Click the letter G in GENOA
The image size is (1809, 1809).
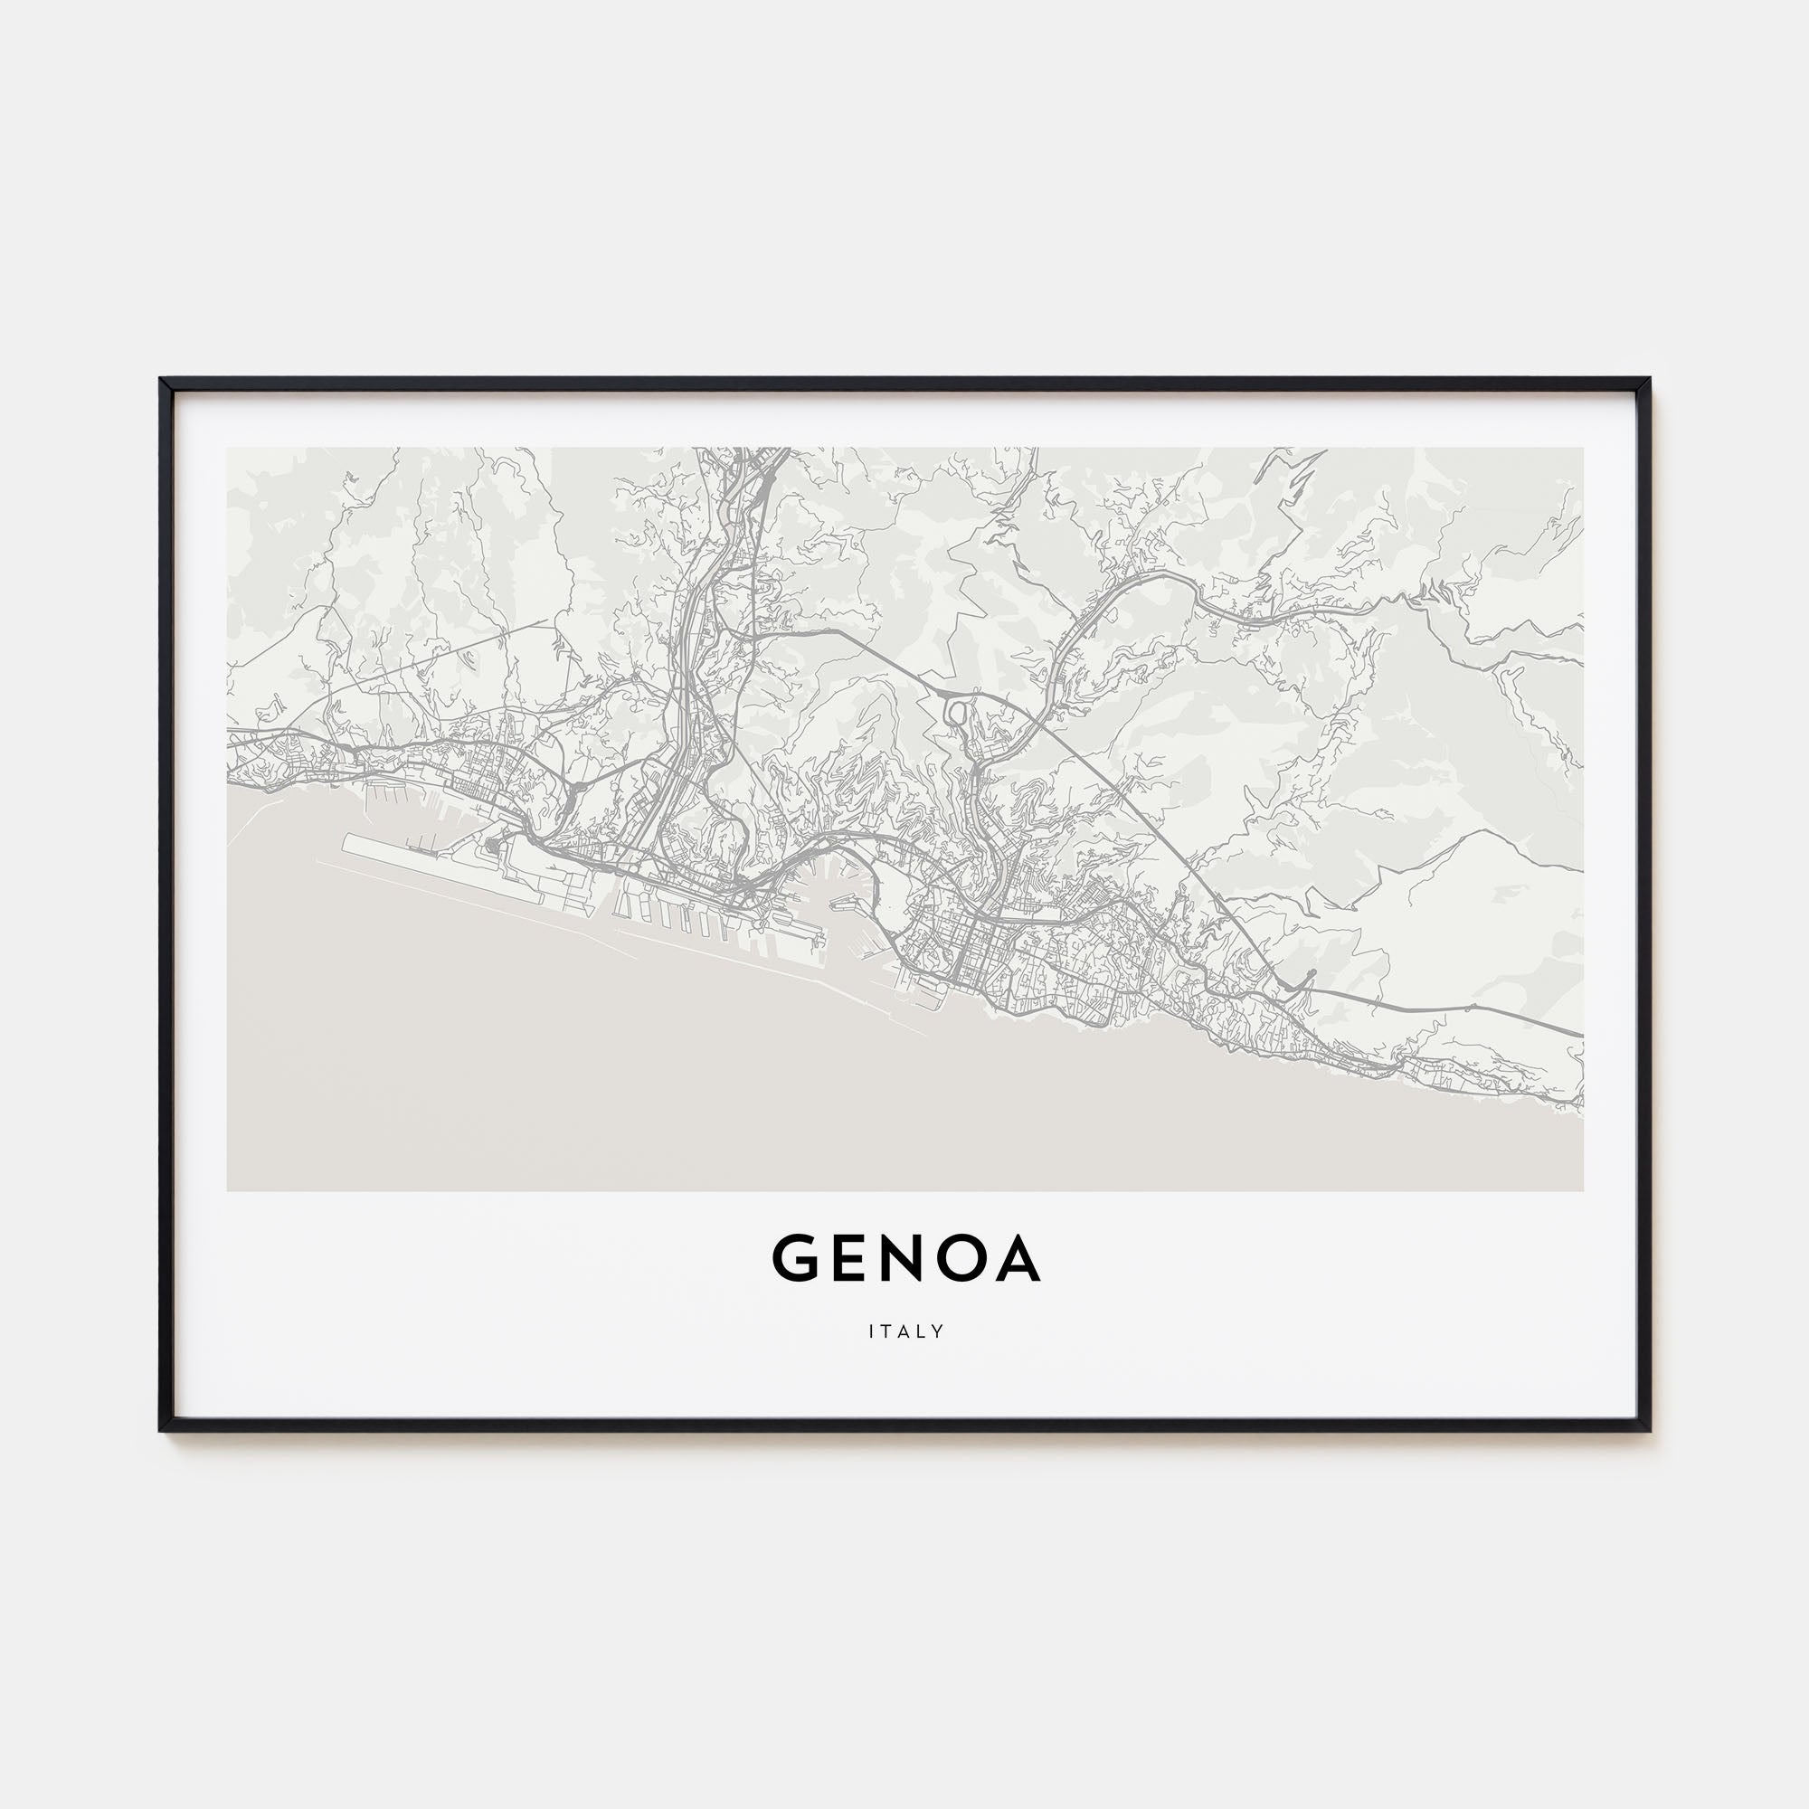pos(796,1258)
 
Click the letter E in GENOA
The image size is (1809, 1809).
pos(849,1258)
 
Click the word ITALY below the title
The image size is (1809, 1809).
pos(905,1331)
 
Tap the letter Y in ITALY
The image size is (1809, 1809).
pos(938,1331)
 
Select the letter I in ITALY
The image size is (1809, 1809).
pos(872,1331)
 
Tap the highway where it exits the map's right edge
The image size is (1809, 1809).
pos(1577,1035)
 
